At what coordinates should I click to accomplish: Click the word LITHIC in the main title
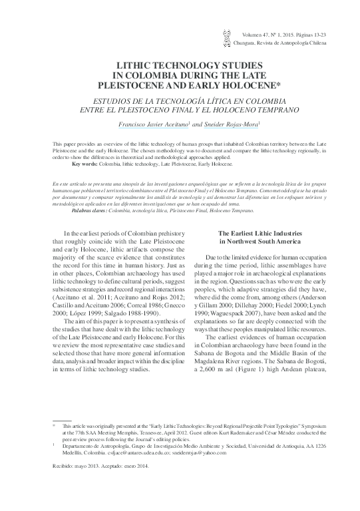134,68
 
